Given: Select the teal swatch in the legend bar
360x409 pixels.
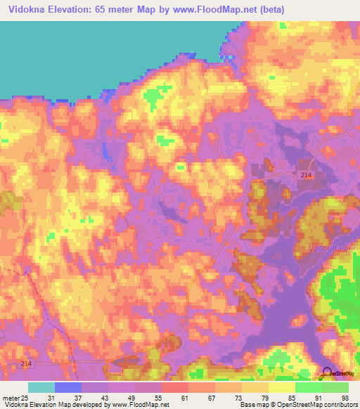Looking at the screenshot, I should coord(41,387).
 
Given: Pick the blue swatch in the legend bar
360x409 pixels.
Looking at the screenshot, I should coord(67,387).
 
